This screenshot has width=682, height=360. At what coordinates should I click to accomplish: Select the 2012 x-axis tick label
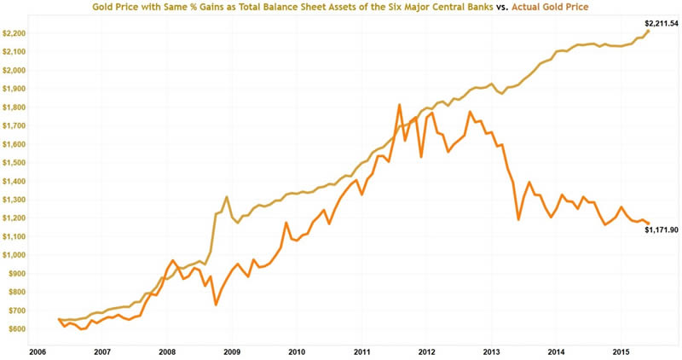click(x=426, y=350)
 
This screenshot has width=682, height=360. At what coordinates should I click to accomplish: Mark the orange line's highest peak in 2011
click(x=399, y=105)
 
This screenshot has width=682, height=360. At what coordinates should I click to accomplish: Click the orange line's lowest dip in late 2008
click(x=216, y=305)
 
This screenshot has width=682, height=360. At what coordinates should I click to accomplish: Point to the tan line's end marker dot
click(x=648, y=32)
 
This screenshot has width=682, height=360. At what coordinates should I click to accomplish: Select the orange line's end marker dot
click(x=649, y=224)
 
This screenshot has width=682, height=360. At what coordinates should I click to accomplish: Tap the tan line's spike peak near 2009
click(x=226, y=197)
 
